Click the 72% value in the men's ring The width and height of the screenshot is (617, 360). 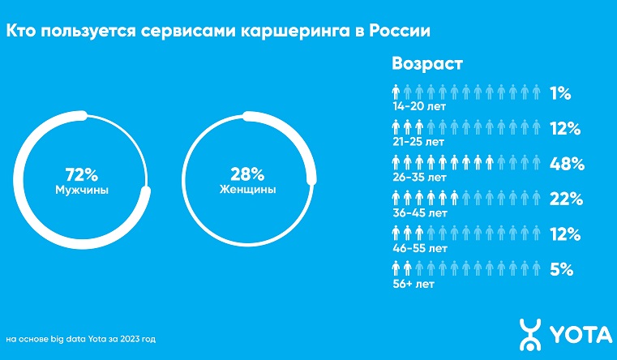(81, 174)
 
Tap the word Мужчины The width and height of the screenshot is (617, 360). (81, 190)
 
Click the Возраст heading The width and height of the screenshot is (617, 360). (427, 62)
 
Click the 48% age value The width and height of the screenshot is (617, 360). (568, 163)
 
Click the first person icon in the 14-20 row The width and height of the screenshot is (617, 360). (397, 92)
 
